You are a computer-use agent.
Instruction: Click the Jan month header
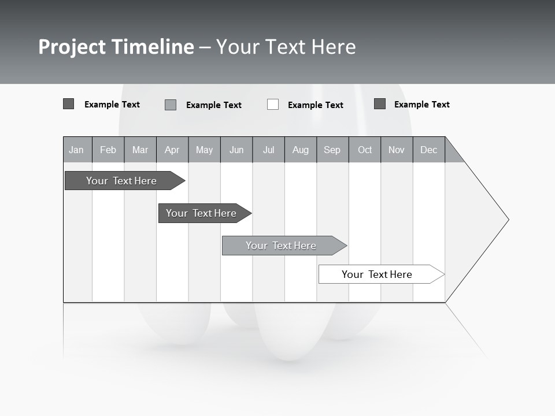click(x=76, y=150)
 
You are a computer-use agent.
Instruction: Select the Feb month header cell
click(x=108, y=150)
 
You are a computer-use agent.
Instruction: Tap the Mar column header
click(x=140, y=150)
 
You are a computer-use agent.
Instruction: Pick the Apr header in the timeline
click(x=172, y=150)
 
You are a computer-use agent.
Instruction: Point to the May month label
click(x=204, y=150)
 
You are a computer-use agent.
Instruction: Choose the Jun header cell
click(x=236, y=150)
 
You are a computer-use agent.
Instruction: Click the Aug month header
click(x=300, y=150)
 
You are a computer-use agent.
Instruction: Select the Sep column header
click(x=332, y=150)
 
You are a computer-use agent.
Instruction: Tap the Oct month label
click(x=365, y=150)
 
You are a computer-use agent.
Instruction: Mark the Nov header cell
click(x=396, y=150)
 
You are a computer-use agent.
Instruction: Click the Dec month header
click(x=428, y=150)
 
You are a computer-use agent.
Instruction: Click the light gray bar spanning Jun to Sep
click(x=282, y=246)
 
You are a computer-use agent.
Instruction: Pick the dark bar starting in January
click(x=122, y=181)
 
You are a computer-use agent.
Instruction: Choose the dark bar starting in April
click(x=202, y=213)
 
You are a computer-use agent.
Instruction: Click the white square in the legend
click(x=273, y=105)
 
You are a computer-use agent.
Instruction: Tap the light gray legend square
click(x=171, y=105)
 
